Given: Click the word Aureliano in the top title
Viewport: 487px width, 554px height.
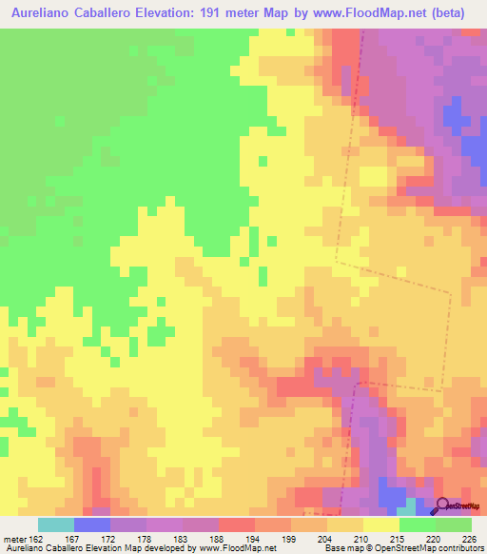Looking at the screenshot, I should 44,13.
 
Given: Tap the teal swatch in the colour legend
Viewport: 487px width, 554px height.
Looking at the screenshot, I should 56,524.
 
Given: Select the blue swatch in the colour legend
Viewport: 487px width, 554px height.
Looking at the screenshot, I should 92,524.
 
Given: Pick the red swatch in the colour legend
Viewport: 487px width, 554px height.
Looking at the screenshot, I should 237,524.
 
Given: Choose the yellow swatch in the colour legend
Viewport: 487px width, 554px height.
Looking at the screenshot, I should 381,524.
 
